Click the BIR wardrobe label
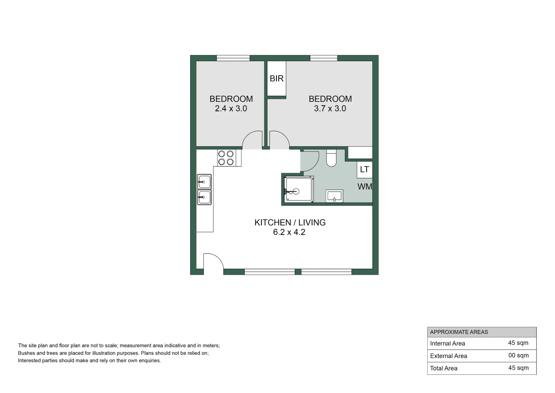tap(276, 79)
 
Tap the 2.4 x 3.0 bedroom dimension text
tap(231, 108)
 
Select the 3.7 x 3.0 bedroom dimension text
tap(330, 108)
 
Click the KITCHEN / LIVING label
tap(290, 223)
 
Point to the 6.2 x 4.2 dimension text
tap(289, 232)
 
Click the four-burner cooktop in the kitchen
tap(226, 158)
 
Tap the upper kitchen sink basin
tap(204, 181)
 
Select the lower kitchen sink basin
tap(204, 197)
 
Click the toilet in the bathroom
tap(331, 158)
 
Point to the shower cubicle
tap(299, 189)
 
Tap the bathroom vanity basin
tap(334, 196)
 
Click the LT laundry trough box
tap(364, 170)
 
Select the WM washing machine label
tap(365, 187)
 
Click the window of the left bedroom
tap(233, 58)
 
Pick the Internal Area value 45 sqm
tap(518, 343)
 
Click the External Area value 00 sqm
tap(518, 356)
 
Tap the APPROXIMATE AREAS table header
tap(459, 332)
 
